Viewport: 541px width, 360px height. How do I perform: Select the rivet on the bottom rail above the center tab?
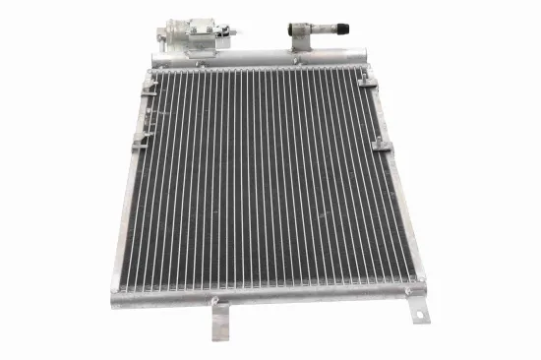214,300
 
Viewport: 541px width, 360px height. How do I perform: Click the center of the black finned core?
261,177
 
